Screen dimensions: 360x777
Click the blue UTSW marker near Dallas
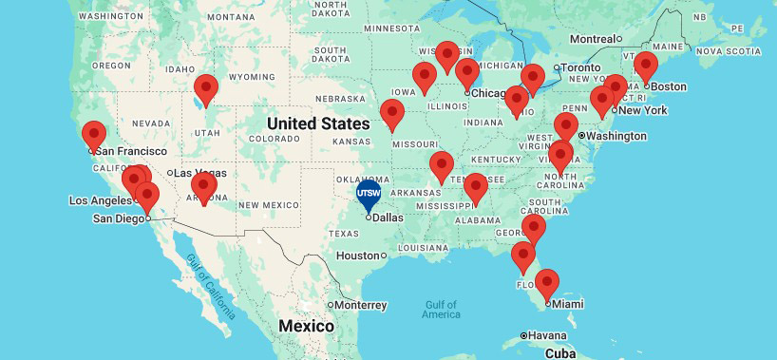368,194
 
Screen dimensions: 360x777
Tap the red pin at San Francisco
93,135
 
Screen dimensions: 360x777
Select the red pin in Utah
205,89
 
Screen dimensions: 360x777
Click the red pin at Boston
646,67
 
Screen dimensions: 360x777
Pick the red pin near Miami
546,283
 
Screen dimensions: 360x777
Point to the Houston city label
357,256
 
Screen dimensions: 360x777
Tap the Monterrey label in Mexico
358,305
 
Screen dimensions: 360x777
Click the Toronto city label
583,68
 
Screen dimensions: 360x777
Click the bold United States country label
317,124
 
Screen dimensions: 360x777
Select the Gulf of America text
442,309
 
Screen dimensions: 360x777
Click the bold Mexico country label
306,327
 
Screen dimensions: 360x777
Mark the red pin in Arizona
203,187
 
